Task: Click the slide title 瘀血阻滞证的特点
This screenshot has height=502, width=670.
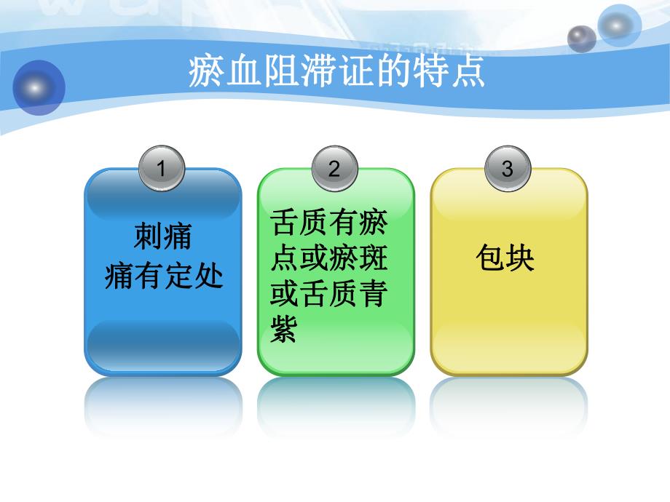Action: pyautogui.click(x=336, y=73)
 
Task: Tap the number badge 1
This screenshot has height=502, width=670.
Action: pyautogui.click(x=162, y=170)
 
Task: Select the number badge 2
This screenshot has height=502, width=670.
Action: pyautogui.click(x=334, y=170)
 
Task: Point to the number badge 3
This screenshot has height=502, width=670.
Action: pyautogui.click(x=508, y=170)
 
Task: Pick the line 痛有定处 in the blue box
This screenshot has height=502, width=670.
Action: pyautogui.click(x=163, y=276)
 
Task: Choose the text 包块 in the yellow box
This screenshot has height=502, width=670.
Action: pyautogui.click(x=505, y=258)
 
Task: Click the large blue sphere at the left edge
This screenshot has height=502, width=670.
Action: pyautogui.click(x=38, y=88)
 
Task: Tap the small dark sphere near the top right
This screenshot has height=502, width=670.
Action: pyautogui.click(x=581, y=39)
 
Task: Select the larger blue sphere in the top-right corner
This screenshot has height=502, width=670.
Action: pyautogui.click(x=618, y=25)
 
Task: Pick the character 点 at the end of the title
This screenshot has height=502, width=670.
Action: pyautogui.click(x=468, y=73)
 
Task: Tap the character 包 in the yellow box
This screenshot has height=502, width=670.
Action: pyautogui.click(x=489, y=258)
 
